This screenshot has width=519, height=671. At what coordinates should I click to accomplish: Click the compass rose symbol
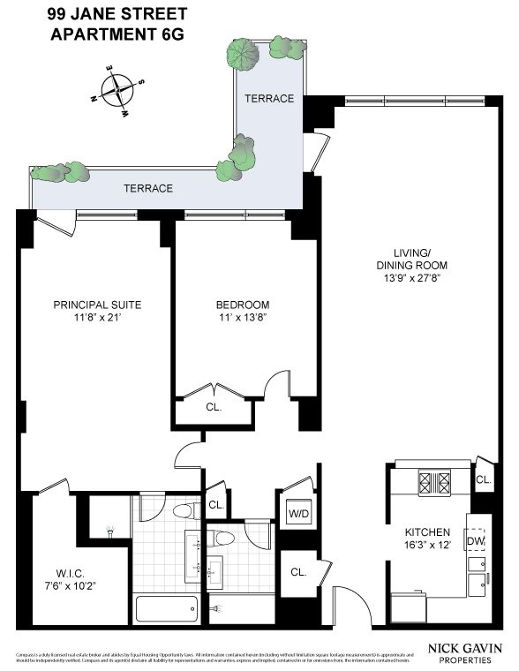point(116,89)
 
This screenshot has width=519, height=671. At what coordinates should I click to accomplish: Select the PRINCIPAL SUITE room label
point(97,305)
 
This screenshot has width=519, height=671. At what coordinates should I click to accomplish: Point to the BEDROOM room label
point(242,305)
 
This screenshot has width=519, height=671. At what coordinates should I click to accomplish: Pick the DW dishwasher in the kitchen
point(476,541)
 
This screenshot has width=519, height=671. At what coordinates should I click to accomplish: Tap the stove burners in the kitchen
point(434,483)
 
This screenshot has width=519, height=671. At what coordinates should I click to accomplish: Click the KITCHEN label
point(427,532)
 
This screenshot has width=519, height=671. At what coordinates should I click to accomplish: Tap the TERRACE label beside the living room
point(268,98)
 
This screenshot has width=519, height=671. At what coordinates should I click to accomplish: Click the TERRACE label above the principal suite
point(147,188)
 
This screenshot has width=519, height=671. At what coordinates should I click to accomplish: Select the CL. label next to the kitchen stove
point(483,480)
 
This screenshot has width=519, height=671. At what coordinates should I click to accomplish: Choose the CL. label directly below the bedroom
point(214,408)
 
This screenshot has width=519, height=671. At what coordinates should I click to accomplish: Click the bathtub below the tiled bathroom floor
point(168,608)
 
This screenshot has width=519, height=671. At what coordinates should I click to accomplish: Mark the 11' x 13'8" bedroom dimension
point(242,318)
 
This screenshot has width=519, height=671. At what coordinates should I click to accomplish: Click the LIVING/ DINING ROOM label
point(412,258)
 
